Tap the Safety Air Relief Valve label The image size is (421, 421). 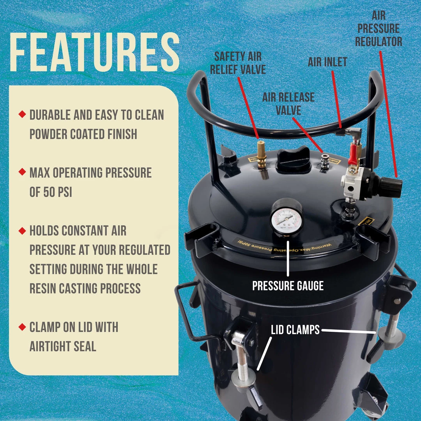(x=240, y=62)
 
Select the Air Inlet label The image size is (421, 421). (x=327, y=62)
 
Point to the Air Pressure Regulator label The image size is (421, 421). (x=379, y=29)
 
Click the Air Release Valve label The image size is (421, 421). (x=288, y=104)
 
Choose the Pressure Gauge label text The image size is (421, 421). (x=288, y=286)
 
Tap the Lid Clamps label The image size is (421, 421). (x=295, y=330)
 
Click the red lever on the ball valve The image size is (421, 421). (x=353, y=154)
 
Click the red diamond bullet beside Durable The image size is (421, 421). (x=22, y=115)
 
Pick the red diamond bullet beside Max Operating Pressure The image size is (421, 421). (x=22, y=172)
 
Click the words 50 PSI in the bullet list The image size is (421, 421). (x=51, y=192)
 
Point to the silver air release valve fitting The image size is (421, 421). (x=324, y=162)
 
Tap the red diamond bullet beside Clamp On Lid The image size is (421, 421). (x=22, y=327)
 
